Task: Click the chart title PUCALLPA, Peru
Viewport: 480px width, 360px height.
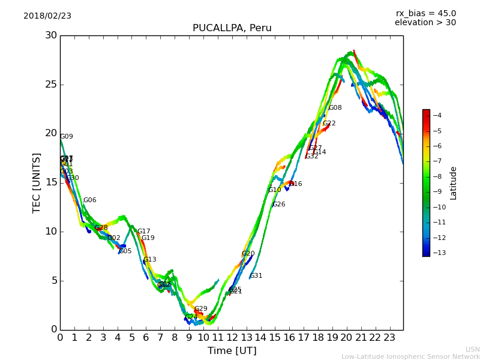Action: [232, 28]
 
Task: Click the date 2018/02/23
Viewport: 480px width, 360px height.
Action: [47, 16]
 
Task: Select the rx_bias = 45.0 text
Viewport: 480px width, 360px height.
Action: [425, 13]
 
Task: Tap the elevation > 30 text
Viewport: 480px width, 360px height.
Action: [425, 23]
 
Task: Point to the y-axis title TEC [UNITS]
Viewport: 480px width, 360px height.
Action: [37, 182]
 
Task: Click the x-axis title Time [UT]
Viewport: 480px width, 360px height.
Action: [232, 351]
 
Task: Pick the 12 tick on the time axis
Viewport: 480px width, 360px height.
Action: [232, 337]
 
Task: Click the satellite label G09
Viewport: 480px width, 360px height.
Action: [67, 137]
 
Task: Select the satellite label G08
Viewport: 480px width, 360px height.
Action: [335, 108]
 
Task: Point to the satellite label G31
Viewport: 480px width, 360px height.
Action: [256, 276]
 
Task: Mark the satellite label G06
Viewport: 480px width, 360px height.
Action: [89, 200]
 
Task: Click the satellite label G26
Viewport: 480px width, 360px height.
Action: [279, 205]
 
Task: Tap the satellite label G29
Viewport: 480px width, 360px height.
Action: [201, 309]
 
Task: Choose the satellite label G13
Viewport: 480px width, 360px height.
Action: [149, 260]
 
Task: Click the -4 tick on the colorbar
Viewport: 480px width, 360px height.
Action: [437, 115]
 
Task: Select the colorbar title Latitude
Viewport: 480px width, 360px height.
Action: [454, 183]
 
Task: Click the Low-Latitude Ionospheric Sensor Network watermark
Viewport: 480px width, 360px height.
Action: [410, 356]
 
